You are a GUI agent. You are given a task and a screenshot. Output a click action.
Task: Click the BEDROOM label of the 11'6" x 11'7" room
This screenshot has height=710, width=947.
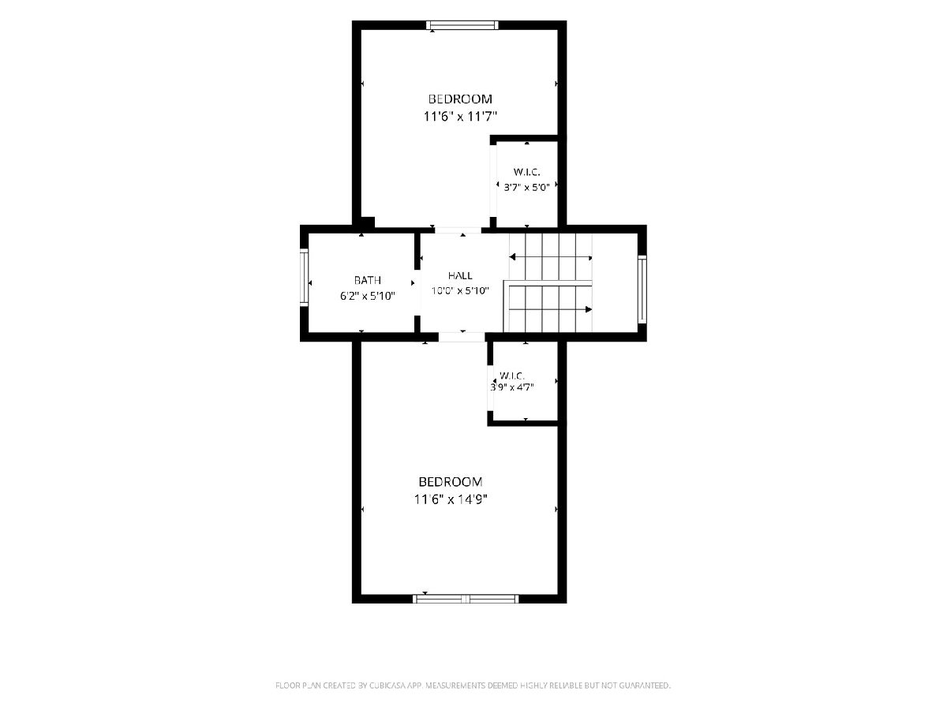460,99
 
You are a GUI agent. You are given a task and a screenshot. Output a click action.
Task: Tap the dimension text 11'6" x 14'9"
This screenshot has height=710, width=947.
451,499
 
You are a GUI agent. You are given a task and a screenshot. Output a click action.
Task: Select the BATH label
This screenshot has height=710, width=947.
367,280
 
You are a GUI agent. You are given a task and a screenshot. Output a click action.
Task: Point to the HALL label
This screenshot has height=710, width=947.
460,275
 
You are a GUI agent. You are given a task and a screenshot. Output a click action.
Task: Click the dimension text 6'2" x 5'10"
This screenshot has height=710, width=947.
368,296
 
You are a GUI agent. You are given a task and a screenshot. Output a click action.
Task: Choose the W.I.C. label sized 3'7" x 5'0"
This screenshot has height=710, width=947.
527,172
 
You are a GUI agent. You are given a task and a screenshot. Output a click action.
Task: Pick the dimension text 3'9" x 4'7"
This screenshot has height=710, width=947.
511,387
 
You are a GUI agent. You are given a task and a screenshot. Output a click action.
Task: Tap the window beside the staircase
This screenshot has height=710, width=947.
642,290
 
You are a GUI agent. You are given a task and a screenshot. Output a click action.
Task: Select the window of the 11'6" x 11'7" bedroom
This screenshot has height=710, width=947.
462,25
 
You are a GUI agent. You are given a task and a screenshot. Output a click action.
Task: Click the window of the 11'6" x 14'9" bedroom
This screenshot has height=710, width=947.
466,598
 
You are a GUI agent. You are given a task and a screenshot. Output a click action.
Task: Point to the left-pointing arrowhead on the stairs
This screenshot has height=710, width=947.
512,257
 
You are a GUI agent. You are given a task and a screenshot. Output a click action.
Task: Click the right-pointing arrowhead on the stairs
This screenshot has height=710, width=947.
589,309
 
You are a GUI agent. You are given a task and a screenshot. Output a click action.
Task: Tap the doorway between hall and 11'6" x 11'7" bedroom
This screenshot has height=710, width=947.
458,230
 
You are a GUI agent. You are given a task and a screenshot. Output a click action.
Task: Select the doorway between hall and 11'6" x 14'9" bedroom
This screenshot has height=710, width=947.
462,337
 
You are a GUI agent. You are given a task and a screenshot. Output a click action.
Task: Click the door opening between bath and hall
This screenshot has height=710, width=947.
417,293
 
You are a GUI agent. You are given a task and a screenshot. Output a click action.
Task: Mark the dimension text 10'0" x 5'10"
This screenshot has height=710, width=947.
460,291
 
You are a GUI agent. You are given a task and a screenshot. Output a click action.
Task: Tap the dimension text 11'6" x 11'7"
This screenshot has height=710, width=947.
460,117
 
